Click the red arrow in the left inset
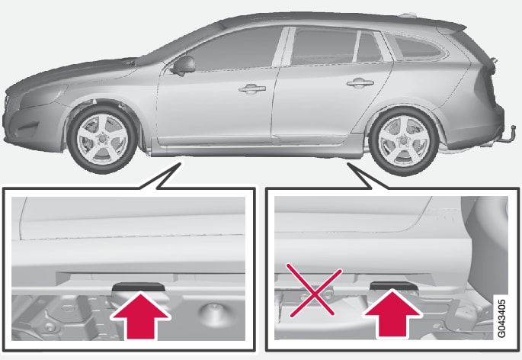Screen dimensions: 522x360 140,317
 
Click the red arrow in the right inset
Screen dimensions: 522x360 392,314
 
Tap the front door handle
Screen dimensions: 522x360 252,89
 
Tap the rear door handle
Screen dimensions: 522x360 360,83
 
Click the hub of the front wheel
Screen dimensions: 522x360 102,138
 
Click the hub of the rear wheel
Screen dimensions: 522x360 405,141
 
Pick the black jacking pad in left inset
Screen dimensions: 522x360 139,287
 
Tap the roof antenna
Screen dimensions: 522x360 408,14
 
